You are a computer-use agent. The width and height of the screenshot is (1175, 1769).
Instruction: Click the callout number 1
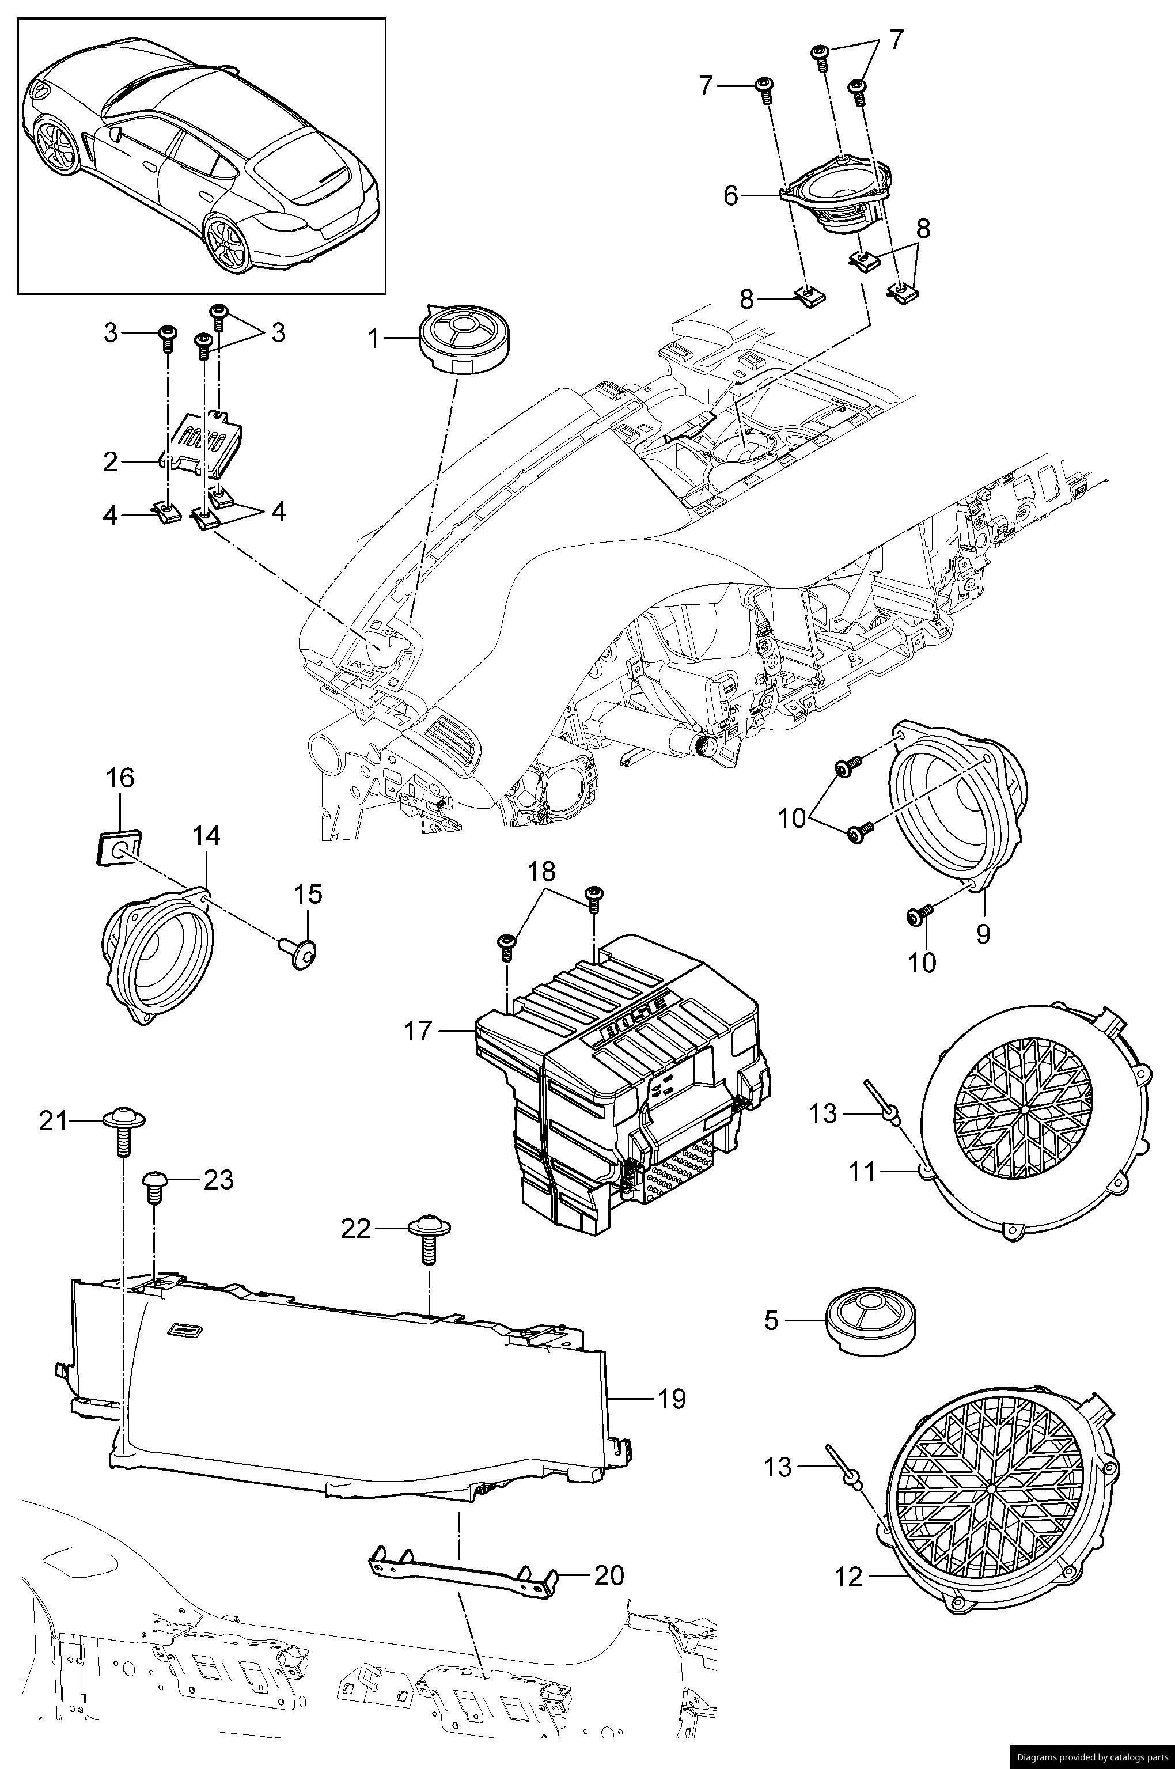373,339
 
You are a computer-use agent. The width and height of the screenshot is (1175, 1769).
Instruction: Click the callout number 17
418,1032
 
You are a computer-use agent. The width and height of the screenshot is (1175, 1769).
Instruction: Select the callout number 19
672,1399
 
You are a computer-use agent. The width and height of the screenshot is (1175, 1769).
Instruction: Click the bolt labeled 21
123,1131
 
